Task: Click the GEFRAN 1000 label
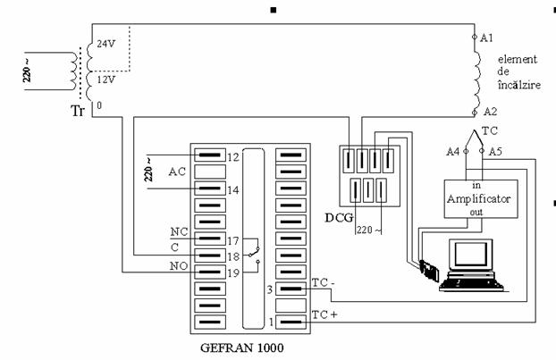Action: (x=242, y=347)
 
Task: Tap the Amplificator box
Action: (x=481, y=199)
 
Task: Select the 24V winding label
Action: (x=106, y=44)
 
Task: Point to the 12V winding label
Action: (x=106, y=80)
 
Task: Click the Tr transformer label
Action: (x=78, y=111)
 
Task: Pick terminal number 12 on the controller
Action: (x=233, y=157)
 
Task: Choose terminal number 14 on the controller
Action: (x=233, y=190)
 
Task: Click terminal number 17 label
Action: (x=233, y=241)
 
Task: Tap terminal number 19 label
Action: (x=233, y=272)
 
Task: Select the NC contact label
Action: (x=179, y=231)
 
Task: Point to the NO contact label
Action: (x=179, y=265)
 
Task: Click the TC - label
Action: (x=324, y=283)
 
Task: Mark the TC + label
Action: (x=324, y=314)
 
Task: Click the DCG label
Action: (x=339, y=218)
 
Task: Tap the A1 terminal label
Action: (x=486, y=38)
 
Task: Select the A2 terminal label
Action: (x=491, y=112)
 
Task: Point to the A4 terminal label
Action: (x=453, y=152)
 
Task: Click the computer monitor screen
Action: (x=470, y=254)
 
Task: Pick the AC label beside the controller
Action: (x=177, y=172)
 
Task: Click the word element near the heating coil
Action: (x=518, y=59)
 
